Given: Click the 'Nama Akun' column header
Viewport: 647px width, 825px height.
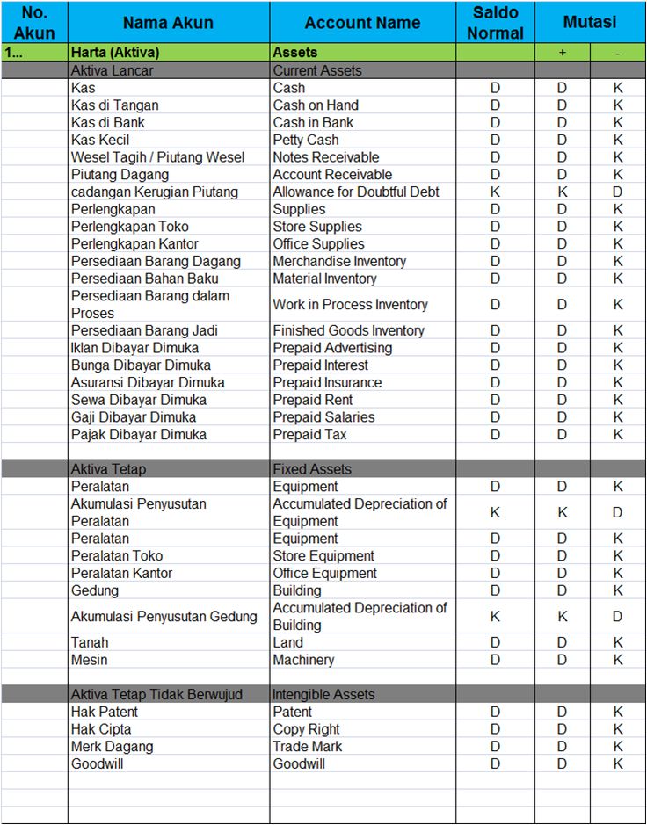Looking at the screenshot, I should click(x=168, y=23).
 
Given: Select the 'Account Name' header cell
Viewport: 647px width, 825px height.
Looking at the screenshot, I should click(x=362, y=23).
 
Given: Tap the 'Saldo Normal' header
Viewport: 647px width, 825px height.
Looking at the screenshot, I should click(x=495, y=23).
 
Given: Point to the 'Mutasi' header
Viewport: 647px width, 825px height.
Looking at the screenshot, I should click(x=590, y=23).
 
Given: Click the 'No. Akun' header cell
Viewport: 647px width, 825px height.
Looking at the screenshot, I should click(x=34, y=23).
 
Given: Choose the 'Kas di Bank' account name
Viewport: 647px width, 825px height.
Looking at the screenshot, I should click(x=108, y=122).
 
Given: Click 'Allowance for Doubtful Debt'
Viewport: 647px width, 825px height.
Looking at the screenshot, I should click(x=356, y=192).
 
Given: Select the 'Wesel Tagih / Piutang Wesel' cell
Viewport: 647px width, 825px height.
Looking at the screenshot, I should click(x=158, y=157).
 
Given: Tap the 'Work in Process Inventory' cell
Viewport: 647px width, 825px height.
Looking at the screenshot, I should click(x=350, y=305).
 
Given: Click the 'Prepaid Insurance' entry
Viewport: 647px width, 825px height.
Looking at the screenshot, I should click(x=327, y=382).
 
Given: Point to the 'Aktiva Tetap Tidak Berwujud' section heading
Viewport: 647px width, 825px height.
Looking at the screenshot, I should click(x=156, y=694).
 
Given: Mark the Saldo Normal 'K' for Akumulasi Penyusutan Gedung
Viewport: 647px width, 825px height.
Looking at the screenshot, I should click(x=495, y=617).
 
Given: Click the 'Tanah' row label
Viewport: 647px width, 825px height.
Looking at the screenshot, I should click(x=90, y=642).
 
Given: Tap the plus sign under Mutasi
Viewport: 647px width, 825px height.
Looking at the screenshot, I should click(x=563, y=53).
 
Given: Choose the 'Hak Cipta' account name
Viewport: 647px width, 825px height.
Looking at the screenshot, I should click(x=101, y=729).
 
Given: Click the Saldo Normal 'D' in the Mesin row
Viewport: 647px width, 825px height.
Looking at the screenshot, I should click(x=495, y=660).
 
